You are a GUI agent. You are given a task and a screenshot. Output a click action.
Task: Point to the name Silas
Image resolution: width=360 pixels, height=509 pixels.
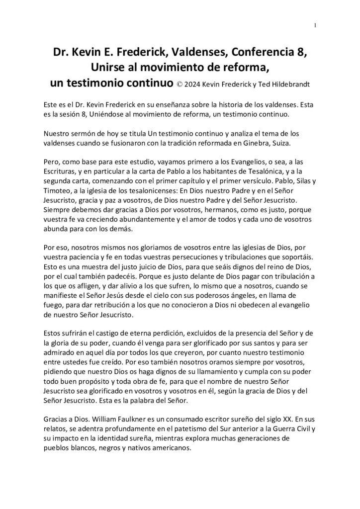coord(293,180)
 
